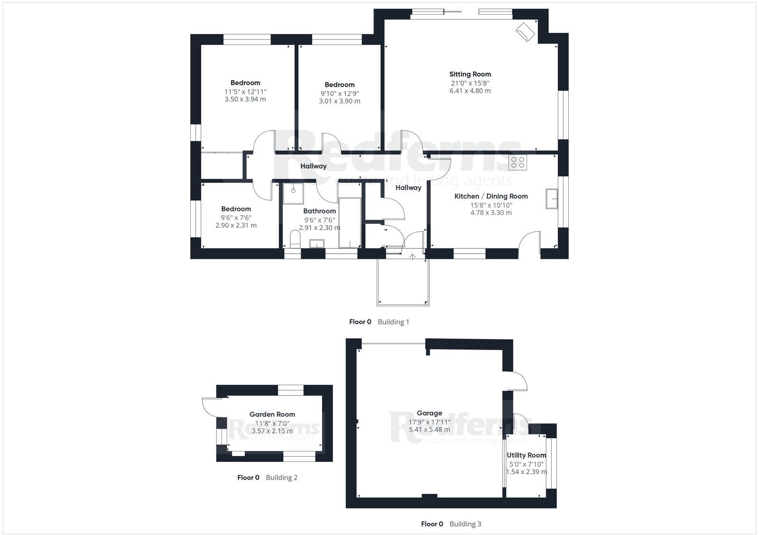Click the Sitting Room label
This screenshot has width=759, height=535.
(470, 74)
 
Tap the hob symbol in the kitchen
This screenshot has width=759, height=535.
(517, 163)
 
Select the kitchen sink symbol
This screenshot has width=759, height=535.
(551, 198)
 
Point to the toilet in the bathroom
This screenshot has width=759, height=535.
(295, 239)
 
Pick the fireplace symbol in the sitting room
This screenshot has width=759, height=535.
(526, 32)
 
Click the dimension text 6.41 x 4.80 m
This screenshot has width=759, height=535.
(470, 91)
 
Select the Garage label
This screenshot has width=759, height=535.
(429, 413)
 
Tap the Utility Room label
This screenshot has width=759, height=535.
(526, 455)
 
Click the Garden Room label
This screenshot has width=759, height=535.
(272, 414)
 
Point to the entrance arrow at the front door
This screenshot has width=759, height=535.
(413, 257)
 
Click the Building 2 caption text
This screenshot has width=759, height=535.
(281, 478)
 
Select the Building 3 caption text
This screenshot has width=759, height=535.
(465, 524)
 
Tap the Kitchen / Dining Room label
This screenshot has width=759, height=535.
(491, 196)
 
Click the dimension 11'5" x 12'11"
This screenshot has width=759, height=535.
(245, 92)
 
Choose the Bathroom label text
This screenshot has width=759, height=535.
(319, 211)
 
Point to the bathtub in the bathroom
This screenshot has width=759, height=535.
(350, 216)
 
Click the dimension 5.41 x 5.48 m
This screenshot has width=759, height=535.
(429, 430)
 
